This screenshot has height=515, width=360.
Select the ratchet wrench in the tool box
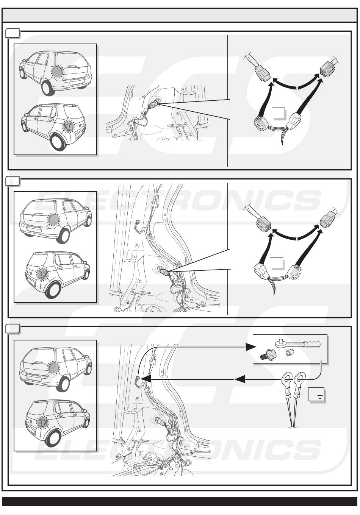pos(297,344)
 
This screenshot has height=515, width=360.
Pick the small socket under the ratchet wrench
pos(290,353)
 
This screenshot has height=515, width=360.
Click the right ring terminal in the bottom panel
pos(301,378)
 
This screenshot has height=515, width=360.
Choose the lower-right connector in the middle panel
pos(294,272)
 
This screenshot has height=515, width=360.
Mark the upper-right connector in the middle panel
pos(327,220)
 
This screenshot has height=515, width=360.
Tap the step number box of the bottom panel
pos(13,328)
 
